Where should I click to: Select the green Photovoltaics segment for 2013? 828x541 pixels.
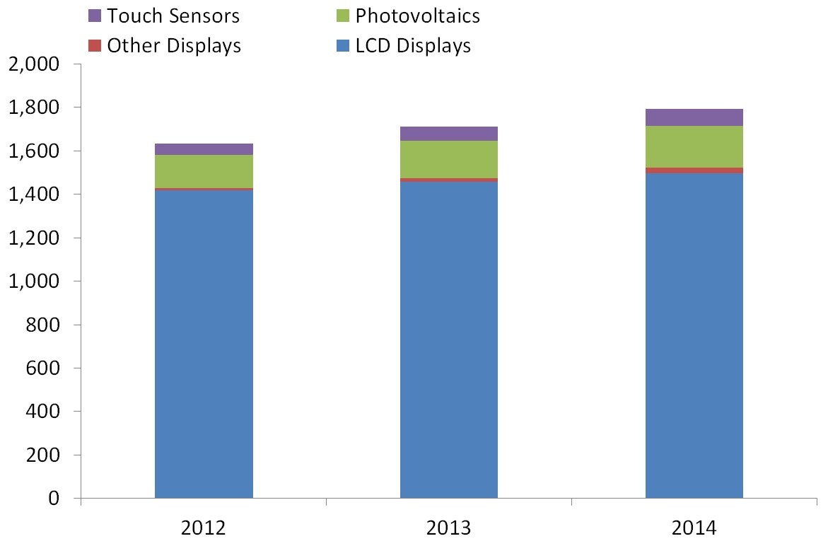click(449, 159)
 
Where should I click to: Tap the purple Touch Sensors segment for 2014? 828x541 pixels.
click(694, 117)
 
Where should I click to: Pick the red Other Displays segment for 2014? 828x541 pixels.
click(694, 170)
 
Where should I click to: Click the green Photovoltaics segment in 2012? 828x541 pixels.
click(204, 171)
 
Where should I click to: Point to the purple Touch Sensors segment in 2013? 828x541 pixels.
click(449, 134)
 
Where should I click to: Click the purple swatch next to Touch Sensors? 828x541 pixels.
click(95, 16)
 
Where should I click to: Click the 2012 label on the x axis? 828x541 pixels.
click(204, 528)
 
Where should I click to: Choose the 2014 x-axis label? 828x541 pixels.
click(694, 528)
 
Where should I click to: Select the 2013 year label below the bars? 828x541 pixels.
click(449, 528)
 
